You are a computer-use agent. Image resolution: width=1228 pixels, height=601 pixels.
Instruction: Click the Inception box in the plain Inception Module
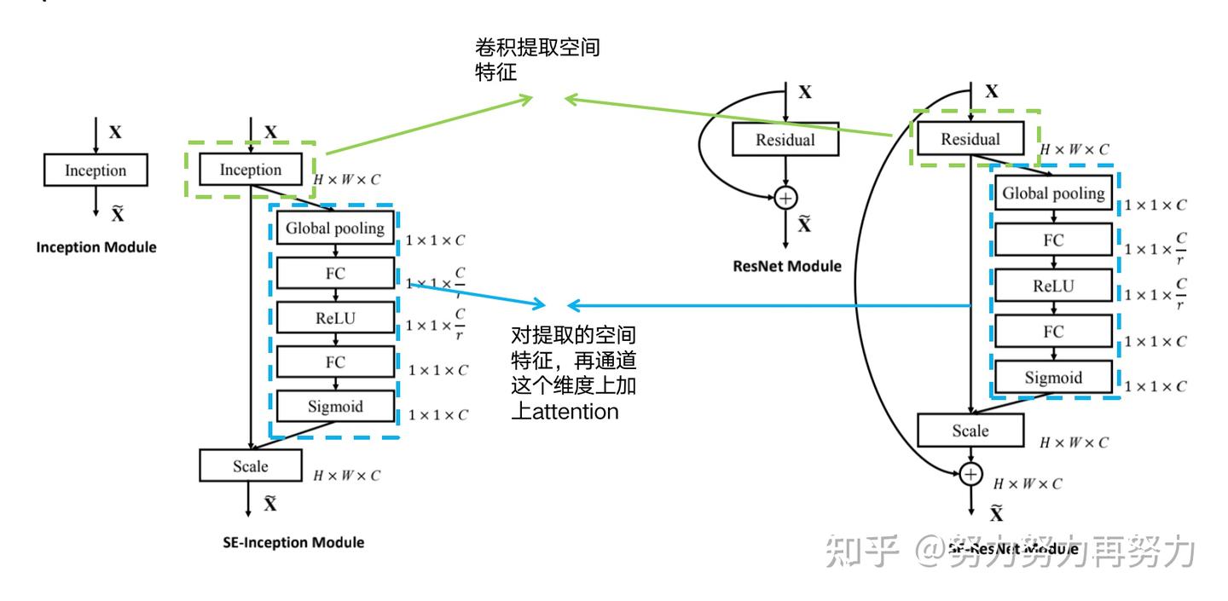click(96, 170)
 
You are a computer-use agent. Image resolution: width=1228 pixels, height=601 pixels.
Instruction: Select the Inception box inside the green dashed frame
click(251, 170)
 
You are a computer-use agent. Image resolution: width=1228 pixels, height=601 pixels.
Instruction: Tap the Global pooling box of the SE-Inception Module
click(335, 228)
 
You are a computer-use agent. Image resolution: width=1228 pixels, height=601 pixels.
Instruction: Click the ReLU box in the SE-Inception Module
click(335, 318)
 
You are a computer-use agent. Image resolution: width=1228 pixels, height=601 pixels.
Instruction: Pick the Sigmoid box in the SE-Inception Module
click(335, 407)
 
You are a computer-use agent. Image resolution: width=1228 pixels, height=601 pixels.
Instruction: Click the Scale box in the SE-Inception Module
click(251, 466)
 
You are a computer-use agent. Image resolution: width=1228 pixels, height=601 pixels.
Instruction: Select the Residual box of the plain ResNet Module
click(785, 140)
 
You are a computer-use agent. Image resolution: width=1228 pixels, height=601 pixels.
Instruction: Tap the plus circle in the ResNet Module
click(785, 199)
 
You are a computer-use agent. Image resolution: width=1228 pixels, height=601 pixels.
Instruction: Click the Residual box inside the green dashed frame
click(970, 139)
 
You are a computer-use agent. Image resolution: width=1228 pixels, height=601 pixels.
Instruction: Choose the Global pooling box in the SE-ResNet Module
click(1053, 194)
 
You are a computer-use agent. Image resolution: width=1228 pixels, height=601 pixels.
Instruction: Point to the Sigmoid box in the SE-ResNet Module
click(1053, 378)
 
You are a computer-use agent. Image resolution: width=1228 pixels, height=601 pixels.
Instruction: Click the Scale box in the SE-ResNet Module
click(970, 431)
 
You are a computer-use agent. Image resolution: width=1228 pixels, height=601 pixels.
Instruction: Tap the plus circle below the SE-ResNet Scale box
click(970, 474)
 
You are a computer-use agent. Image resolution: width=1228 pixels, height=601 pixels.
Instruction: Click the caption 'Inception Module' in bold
click(96, 247)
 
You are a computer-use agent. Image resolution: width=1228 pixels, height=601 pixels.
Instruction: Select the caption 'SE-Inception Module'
click(293, 542)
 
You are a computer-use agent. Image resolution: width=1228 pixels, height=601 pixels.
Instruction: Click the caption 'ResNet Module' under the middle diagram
click(787, 266)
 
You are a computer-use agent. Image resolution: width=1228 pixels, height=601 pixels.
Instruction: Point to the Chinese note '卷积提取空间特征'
click(536, 59)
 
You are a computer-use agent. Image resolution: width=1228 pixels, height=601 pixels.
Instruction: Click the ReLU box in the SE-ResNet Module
click(1053, 286)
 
